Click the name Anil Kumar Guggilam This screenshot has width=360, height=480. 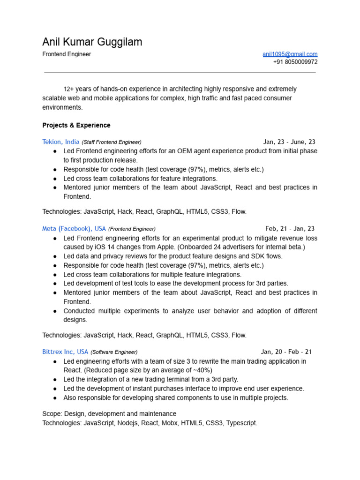pyautogui.click(x=92, y=42)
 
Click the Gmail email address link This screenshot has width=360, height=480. pyautogui.click(x=290, y=54)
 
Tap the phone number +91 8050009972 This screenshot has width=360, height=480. pyautogui.click(x=295, y=62)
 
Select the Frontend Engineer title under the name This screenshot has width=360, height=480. pyautogui.click(x=67, y=54)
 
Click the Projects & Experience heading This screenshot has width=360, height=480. pyautogui.click(x=76, y=125)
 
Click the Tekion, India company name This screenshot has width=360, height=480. pyautogui.click(x=60, y=142)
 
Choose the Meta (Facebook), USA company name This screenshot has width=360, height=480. pyautogui.click(x=74, y=229)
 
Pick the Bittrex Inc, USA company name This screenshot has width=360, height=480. pyautogui.click(x=65, y=352)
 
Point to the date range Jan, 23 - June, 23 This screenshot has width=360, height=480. pyautogui.click(x=289, y=142)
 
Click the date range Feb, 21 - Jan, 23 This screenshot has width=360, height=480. pyautogui.click(x=290, y=229)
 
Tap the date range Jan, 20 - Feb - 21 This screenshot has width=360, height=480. pyautogui.click(x=286, y=352)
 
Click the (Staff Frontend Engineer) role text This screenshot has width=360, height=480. pyautogui.click(x=112, y=142)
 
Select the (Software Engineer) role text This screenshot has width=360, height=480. pyautogui.click(x=114, y=352)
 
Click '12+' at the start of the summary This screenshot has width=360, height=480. pyautogui.click(x=68, y=89)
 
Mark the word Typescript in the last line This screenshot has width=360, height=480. pyautogui.click(x=241, y=423)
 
